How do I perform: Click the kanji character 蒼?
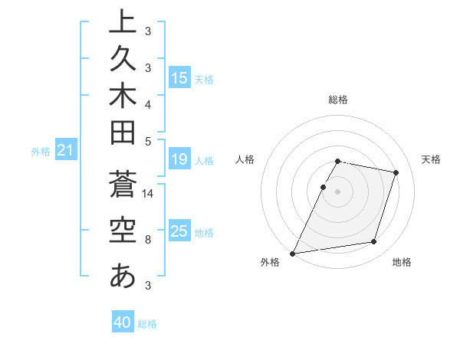[x=123, y=187]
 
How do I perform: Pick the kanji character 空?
[x=123, y=231]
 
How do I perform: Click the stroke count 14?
[x=148, y=195]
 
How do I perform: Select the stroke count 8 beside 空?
[x=148, y=240]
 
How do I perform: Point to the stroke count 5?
[x=148, y=141]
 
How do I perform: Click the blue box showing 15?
[x=179, y=78]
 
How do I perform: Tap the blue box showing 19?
[x=179, y=160]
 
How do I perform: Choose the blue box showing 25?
[x=179, y=231]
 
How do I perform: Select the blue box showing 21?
[x=65, y=151]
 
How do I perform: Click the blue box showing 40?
[x=123, y=322]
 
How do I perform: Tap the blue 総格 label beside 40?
[x=148, y=324]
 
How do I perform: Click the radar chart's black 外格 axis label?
[x=270, y=263]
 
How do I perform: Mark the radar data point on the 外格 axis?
[x=293, y=253]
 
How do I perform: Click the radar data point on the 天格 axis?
[x=396, y=172]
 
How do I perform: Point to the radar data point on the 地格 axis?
[x=374, y=242]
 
